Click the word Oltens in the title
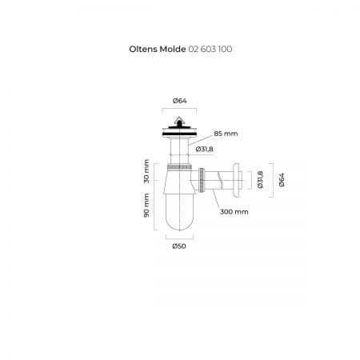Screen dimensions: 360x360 click(143, 49)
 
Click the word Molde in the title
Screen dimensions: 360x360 click(173, 49)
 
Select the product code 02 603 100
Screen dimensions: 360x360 click(210, 49)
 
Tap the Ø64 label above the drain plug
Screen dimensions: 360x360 click(179, 101)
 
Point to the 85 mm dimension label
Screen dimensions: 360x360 click(226, 134)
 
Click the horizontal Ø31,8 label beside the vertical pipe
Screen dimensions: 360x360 click(204, 150)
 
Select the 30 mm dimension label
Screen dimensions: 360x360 click(146, 171)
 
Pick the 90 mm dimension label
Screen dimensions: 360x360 click(146, 206)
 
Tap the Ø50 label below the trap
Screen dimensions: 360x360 click(179, 246)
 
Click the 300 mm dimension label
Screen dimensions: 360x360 click(234, 212)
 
